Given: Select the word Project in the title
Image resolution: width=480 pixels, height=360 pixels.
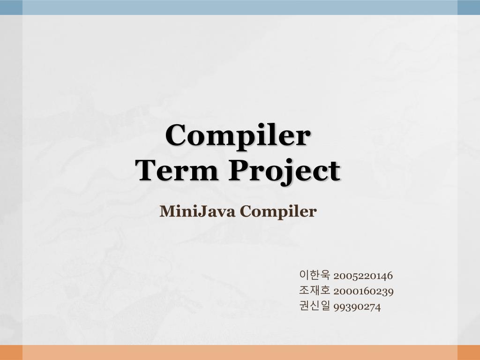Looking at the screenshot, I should (284, 172).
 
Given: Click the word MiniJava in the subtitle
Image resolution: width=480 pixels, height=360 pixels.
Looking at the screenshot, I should (197, 211).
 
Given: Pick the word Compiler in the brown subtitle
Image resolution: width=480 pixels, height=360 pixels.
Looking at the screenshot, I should (278, 212).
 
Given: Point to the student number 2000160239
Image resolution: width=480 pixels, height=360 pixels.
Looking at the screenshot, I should (363, 291).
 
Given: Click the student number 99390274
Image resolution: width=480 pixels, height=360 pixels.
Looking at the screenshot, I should (357, 307).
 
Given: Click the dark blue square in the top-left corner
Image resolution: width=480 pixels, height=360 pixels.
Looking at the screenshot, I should (11, 7).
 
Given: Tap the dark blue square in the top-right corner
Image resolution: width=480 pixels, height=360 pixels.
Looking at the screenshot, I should (468, 7).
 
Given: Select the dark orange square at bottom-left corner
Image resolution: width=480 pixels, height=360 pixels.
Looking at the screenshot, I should (11, 352).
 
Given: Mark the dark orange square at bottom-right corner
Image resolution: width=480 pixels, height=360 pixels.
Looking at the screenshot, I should (468, 352).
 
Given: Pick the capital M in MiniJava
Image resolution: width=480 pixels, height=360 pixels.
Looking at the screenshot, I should (167, 211).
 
